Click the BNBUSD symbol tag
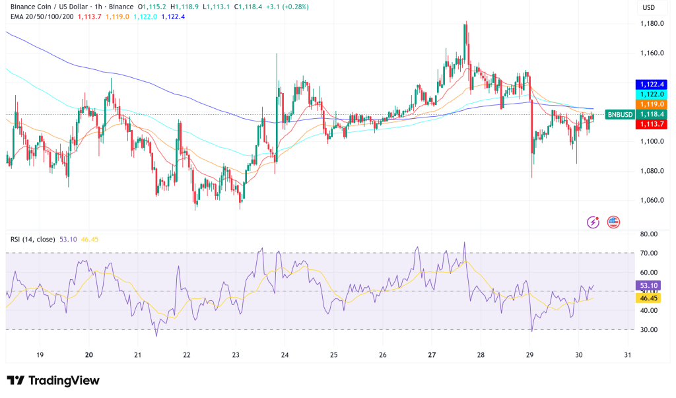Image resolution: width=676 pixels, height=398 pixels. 620,114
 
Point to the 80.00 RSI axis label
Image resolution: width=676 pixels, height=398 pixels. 650,234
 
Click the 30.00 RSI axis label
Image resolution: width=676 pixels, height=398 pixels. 650,329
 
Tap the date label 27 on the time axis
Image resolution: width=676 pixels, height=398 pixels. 432,354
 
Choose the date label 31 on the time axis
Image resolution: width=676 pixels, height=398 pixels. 627,354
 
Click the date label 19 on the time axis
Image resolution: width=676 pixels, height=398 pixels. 40,354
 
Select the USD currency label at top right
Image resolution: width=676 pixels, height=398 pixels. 650,8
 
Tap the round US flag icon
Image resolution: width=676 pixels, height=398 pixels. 613,222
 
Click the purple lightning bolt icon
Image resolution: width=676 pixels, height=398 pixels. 593,222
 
